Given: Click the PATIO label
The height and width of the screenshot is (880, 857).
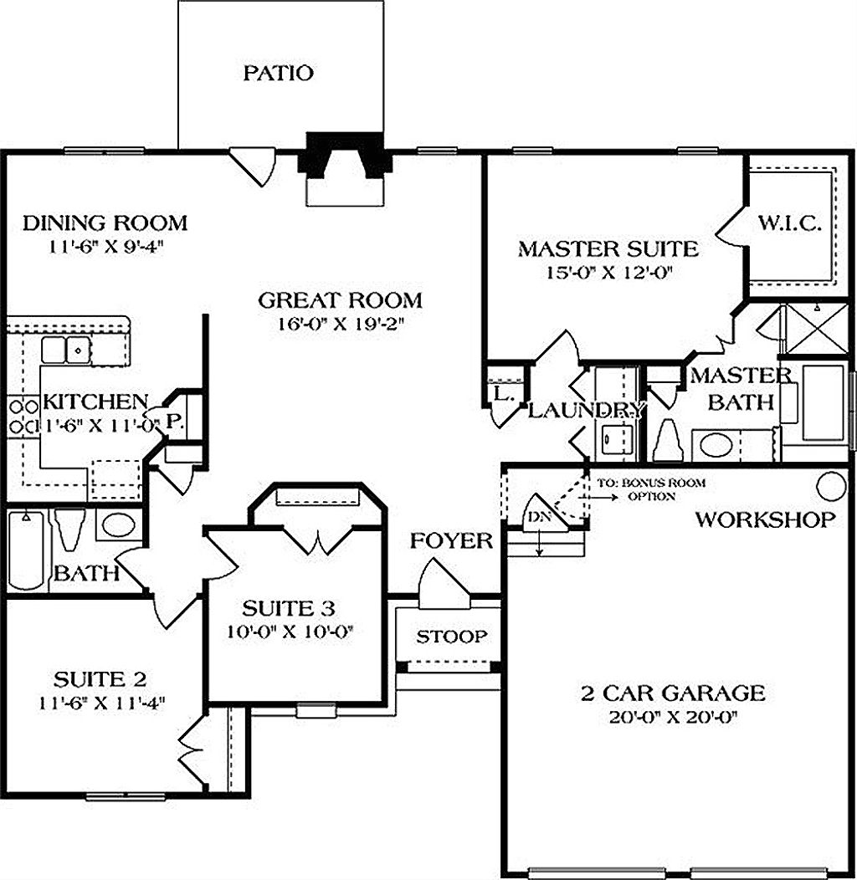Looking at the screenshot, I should coord(279,73).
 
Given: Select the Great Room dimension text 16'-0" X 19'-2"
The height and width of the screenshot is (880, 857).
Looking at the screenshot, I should coord(340,325).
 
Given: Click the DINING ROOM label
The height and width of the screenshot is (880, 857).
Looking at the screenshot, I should coord(105,223).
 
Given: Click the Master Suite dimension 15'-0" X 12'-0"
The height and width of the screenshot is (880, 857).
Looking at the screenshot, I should coord(608,272).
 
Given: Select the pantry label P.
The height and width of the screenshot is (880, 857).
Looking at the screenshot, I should coord(173,422).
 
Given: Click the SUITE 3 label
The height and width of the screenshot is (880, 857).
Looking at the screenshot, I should coord(289,606).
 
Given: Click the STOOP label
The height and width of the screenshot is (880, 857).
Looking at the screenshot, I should coord(452,637).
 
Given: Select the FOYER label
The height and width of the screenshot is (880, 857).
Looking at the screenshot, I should coord(451,540).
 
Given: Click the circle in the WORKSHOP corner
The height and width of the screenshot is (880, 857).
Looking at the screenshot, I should coord(832,484).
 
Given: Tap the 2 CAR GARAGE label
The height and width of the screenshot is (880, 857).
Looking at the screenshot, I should coord(673,693).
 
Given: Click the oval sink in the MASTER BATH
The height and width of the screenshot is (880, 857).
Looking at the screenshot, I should coord(716,443).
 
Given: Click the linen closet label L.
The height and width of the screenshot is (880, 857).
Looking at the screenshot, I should coord(503,394).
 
